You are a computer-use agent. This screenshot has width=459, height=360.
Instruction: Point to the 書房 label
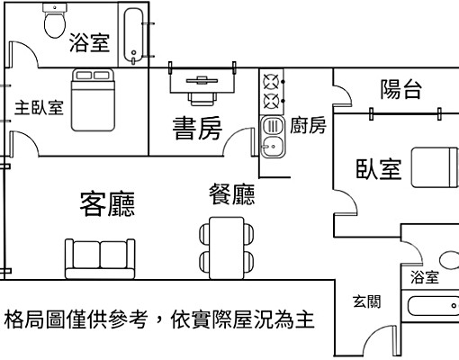pyautogui.click(x=197, y=130)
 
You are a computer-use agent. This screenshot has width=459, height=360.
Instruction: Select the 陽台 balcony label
pyautogui.click(x=401, y=88)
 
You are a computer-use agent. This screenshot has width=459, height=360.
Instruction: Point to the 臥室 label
pyautogui.click(x=378, y=168)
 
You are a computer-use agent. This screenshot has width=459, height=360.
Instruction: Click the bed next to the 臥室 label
pyautogui.click(x=434, y=167)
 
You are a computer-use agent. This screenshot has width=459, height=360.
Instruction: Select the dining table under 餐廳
pyautogui.click(x=222, y=246)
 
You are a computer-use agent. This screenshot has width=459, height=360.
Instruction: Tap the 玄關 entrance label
pyautogui.click(x=366, y=301)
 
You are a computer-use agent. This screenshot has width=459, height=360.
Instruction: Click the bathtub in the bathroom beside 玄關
pyautogui.click(x=432, y=305)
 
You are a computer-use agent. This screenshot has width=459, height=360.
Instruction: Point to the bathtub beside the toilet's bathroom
pyautogui.click(x=135, y=36)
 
